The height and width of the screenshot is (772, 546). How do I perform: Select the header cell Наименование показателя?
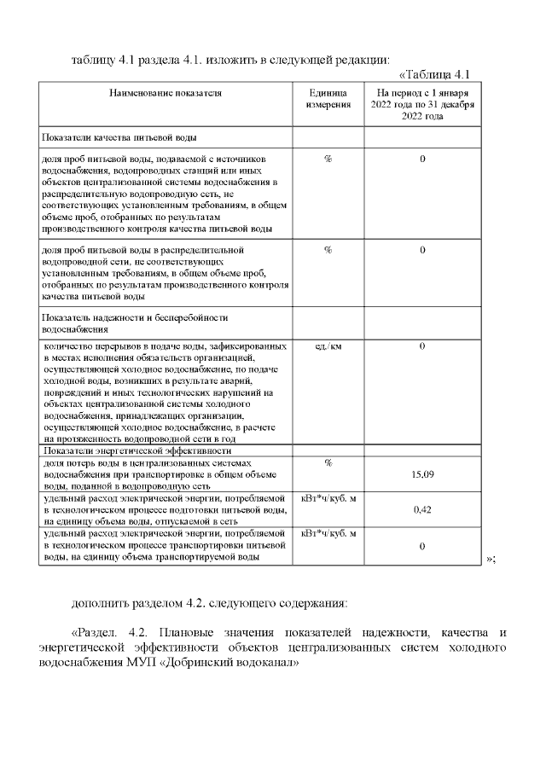click(x=166, y=92)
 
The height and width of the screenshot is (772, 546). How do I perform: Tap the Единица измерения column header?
click(x=328, y=98)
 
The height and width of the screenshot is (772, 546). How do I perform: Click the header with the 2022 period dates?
click(x=423, y=103)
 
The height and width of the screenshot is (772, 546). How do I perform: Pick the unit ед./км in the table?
click(x=328, y=346)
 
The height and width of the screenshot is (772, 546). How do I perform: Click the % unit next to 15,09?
click(x=328, y=462)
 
